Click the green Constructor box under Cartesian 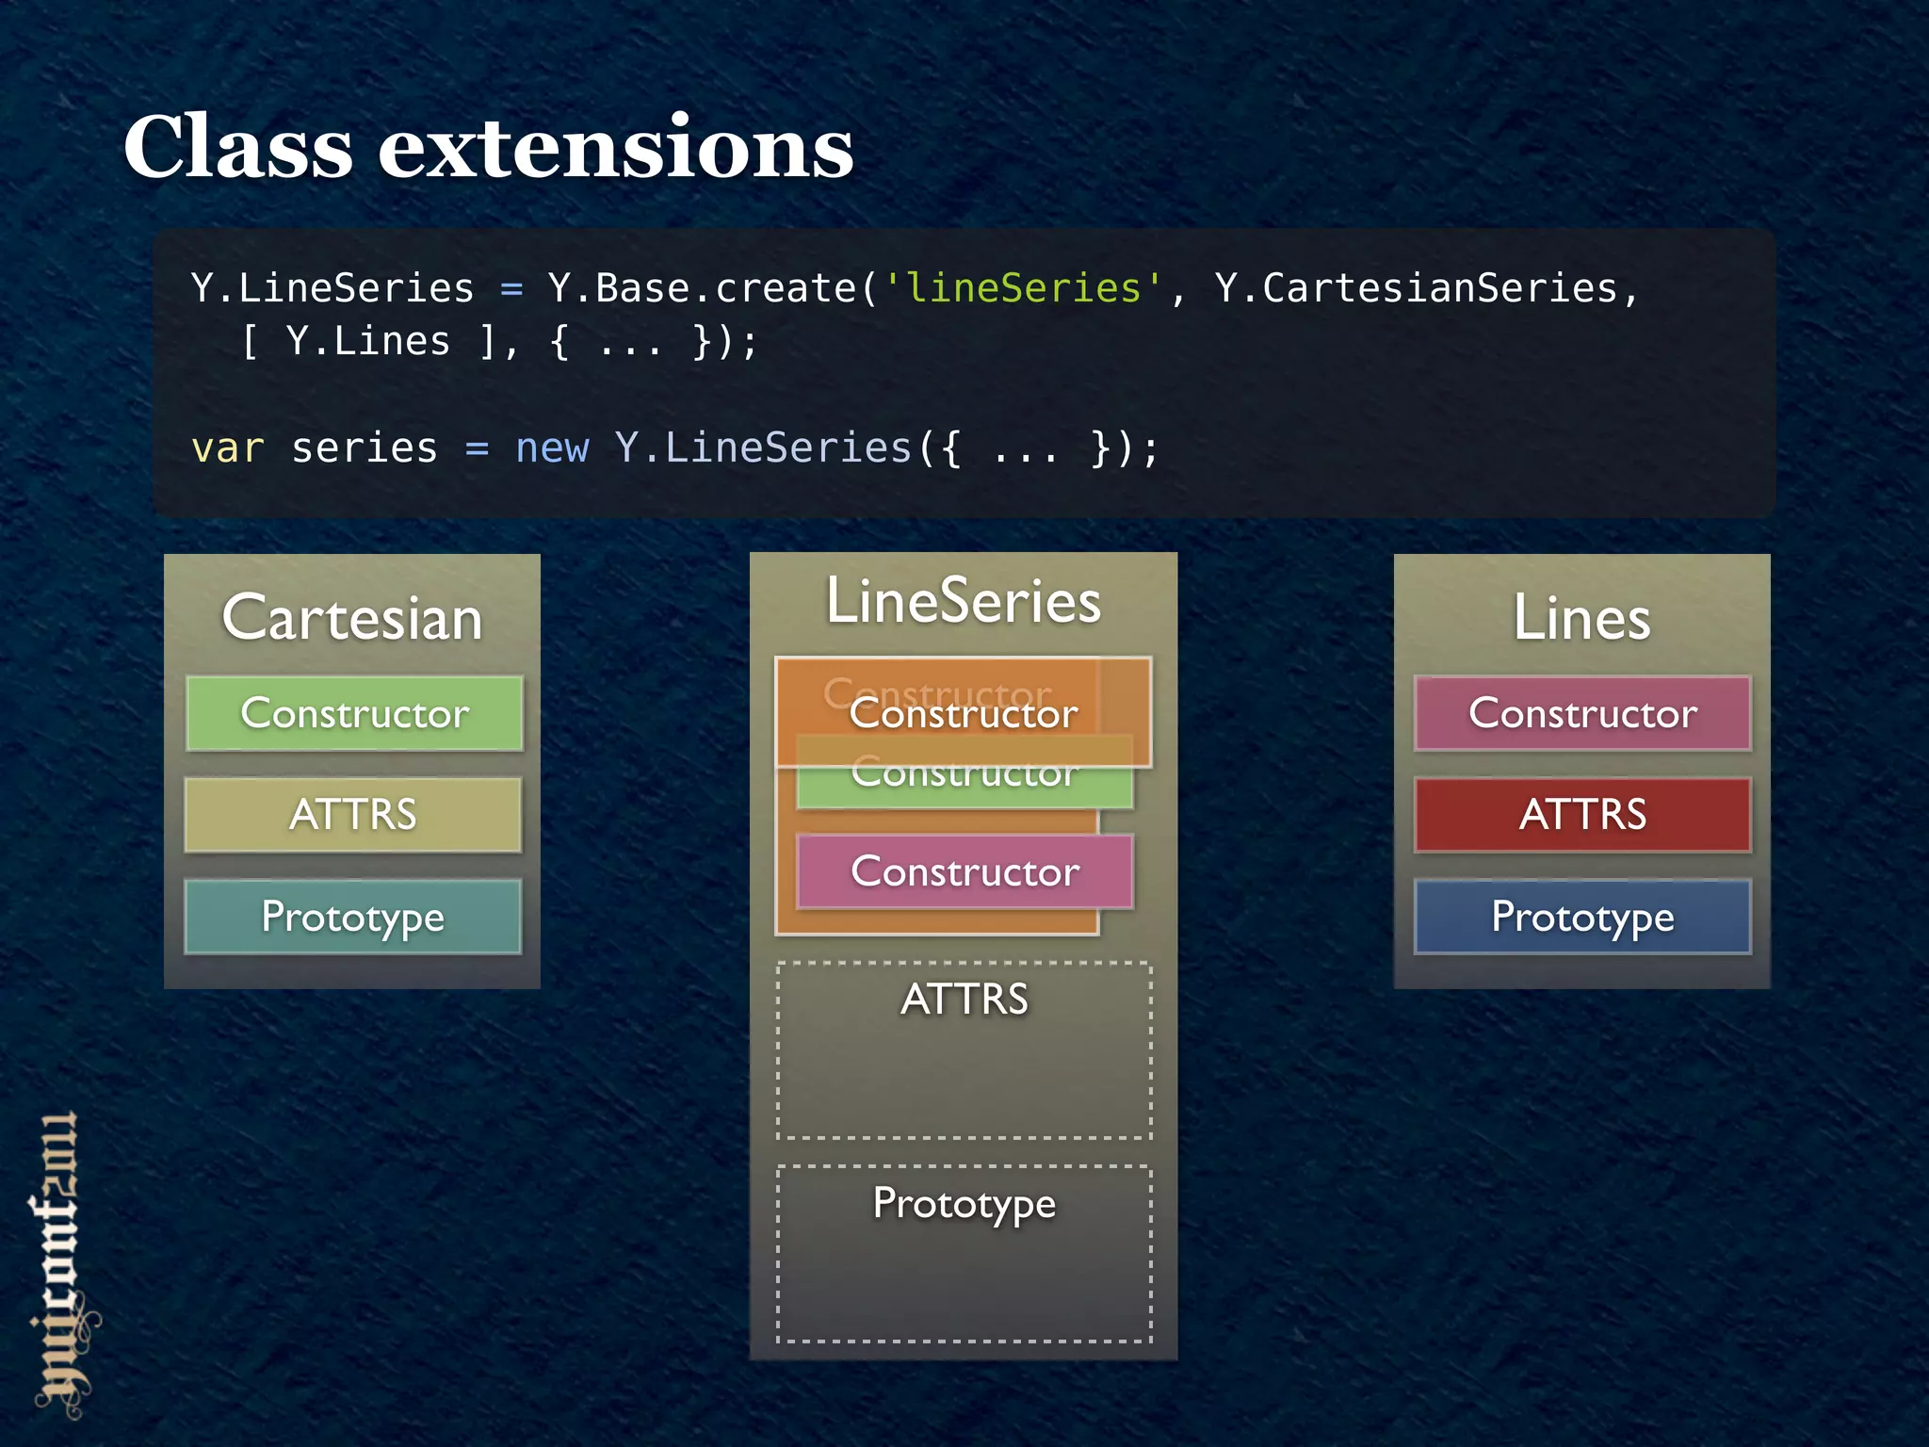click(354, 713)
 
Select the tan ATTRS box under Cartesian click(353, 815)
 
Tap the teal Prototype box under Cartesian click(353, 917)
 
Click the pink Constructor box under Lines click(1582, 713)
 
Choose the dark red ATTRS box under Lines click(1582, 815)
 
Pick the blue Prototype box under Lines click(1582, 917)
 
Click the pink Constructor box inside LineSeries click(964, 871)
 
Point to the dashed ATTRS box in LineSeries click(964, 1050)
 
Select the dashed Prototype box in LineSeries click(964, 1253)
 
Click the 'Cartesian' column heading click(352, 618)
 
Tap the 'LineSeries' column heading click(964, 601)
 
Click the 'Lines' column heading click(1582, 618)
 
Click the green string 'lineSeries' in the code click(1023, 288)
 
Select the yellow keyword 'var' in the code click(227, 448)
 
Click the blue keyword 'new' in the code click(552, 448)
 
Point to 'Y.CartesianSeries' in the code click(1415, 288)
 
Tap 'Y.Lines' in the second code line click(367, 341)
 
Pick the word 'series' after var click(365, 448)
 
